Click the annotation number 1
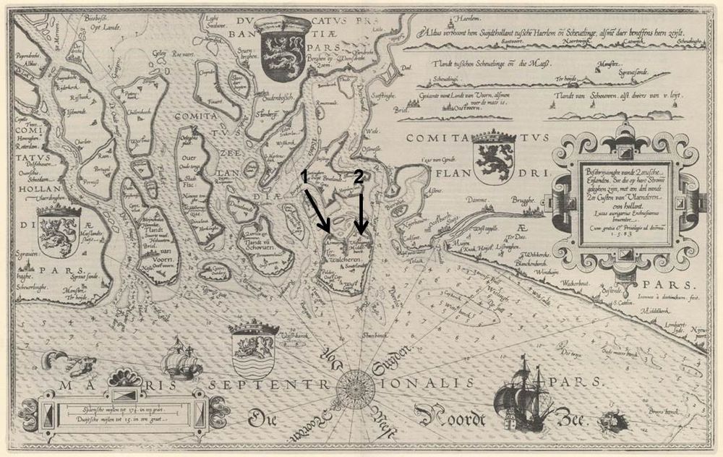[x=305, y=176]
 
